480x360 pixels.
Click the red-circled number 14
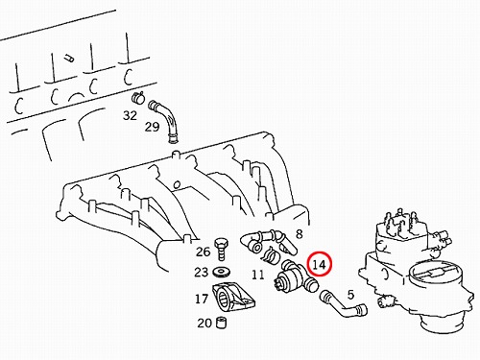319,265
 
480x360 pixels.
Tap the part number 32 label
130,115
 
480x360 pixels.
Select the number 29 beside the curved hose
152,127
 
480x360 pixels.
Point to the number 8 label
299,234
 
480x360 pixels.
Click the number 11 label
258,275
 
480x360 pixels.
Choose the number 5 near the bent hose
350,295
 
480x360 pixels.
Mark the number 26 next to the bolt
203,252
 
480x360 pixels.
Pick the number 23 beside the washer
201,273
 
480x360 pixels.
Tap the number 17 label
202,299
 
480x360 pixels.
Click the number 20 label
204,323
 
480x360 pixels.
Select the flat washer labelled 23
221,273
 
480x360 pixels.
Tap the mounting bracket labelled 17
232,298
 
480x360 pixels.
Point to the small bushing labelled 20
222,323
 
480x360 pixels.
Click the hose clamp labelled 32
138,97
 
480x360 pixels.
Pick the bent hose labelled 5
343,305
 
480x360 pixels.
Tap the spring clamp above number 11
272,255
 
